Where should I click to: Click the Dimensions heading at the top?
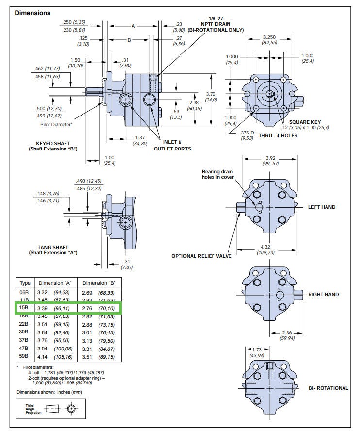click(33, 13)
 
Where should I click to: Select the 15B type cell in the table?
click(24, 308)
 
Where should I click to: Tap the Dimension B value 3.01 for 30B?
click(86, 332)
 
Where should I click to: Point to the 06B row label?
click(24, 293)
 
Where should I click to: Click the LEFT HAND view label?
click(322, 207)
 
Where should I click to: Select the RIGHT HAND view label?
click(323, 295)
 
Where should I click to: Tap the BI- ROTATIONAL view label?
click(328, 388)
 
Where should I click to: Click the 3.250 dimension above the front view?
click(270, 37)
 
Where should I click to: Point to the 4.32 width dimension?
click(264, 248)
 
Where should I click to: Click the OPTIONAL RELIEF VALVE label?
click(201, 256)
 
